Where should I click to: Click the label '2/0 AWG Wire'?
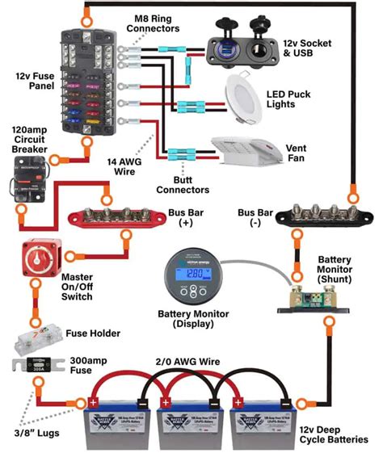188,363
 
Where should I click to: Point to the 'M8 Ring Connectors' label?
153,23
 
